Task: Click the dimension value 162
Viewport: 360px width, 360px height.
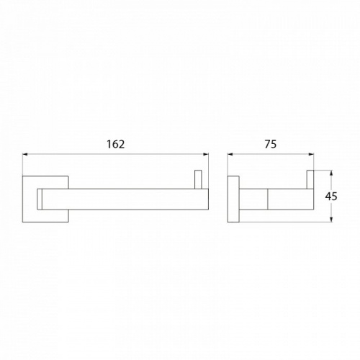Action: [x=116, y=144]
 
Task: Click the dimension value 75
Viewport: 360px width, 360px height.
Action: [x=271, y=144]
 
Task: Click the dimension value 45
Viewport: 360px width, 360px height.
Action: [x=331, y=197]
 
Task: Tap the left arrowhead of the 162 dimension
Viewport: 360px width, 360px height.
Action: [x=25, y=154]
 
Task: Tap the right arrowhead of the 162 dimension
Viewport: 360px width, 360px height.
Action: [x=206, y=154]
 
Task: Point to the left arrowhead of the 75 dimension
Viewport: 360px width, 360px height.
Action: [x=230, y=154]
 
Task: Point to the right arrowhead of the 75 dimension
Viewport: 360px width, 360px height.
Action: [x=311, y=154]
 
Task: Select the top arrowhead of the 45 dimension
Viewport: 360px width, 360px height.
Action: [x=331, y=174]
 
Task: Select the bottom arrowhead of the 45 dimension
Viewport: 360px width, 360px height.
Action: [x=331, y=219]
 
